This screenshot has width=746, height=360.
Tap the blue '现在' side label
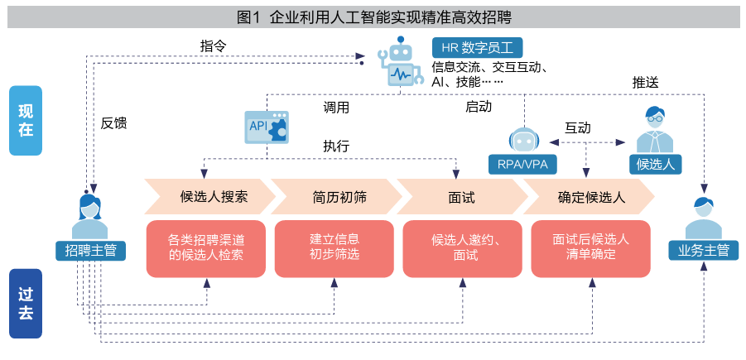click(x=26, y=121)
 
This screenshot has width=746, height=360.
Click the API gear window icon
click(x=266, y=127)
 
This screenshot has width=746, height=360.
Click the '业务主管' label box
click(x=703, y=249)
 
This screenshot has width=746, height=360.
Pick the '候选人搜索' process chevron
click(x=208, y=197)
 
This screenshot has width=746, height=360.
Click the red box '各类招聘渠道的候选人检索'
click(x=206, y=247)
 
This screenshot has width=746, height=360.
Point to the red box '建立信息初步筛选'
click(x=334, y=247)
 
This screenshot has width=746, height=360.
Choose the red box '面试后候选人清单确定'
click(x=590, y=247)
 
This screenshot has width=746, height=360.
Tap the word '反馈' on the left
click(x=113, y=123)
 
